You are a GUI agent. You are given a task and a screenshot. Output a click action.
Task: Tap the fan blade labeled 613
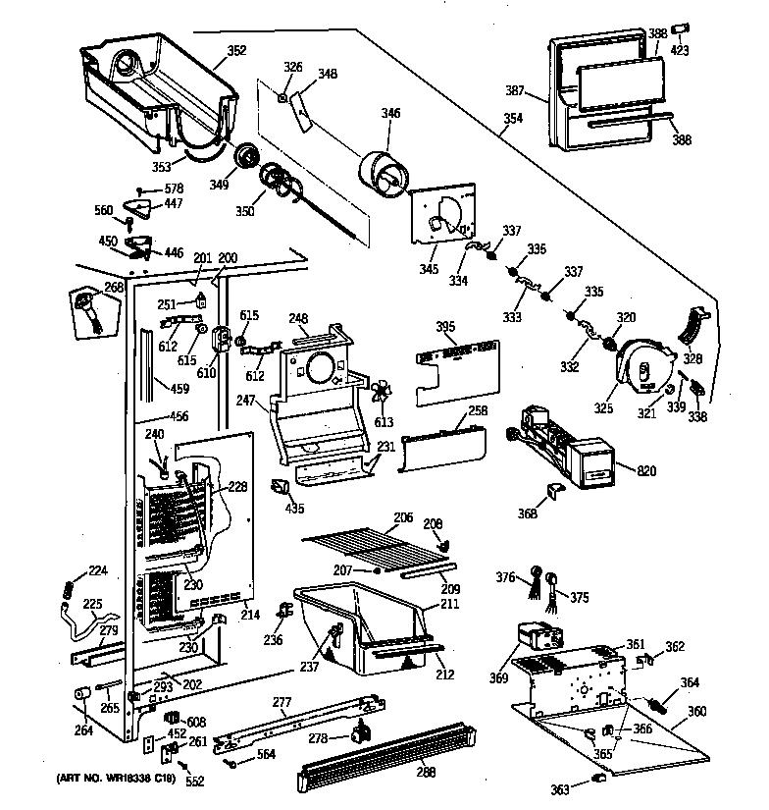(x=378, y=393)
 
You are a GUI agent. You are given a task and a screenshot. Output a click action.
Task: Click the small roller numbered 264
(x=80, y=697)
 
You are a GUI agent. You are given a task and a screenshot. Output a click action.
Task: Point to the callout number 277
(x=282, y=702)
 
